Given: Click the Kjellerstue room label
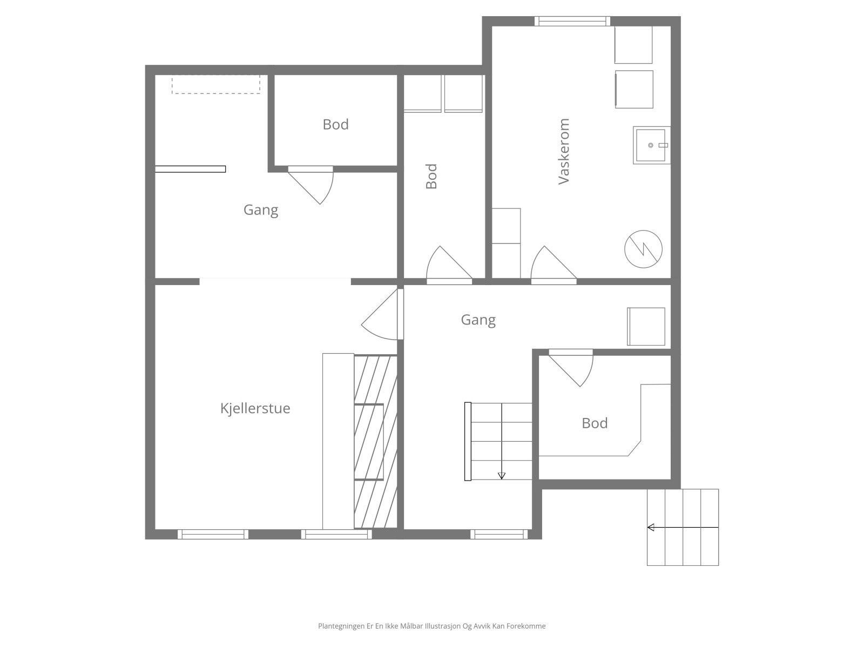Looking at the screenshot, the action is tap(255, 408).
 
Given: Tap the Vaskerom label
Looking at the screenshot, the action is tap(564, 152).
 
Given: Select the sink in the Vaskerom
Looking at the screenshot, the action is tap(651, 145).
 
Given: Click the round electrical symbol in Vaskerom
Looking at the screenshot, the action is tap(643, 249).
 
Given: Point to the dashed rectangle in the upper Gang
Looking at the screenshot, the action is tap(215, 85).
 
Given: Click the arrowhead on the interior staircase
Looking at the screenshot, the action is tap(501, 476).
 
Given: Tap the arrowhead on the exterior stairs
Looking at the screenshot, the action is tap(651, 527).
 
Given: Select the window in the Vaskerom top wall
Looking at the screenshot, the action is tap(572, 21).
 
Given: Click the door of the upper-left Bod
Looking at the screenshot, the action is tap(310, 185).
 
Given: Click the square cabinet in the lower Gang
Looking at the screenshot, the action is tap(646, 327).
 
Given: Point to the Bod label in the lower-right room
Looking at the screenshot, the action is tap(595, 423).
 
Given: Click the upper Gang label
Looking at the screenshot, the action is tap(261, 210).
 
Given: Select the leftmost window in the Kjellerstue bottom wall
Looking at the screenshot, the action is tap(213, 534).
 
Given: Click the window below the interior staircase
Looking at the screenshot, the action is tap(499, 534).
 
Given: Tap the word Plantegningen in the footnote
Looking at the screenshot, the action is tap(341, 626).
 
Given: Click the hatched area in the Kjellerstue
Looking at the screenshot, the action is tap(375, 442).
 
